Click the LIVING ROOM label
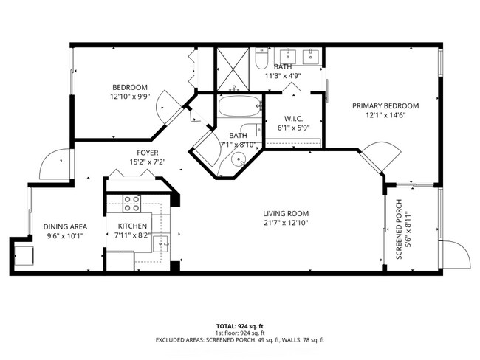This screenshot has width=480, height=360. coord(285,212)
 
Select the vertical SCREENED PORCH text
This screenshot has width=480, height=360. coord(399,229)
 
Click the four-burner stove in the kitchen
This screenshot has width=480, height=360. coord(132,203)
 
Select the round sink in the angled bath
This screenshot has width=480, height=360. coord(237,161)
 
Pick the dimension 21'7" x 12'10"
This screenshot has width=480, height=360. coord(285,222)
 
